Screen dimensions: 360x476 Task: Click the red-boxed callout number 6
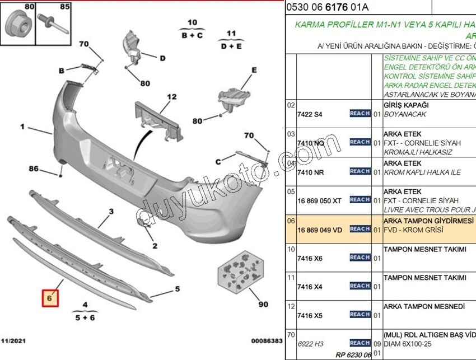coord(50,299)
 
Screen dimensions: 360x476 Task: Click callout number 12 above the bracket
coord(155,97)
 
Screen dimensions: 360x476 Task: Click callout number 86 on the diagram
coord(34,168)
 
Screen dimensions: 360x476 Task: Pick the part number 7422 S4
coord(310,114)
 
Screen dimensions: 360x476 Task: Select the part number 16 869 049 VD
coord(319,230)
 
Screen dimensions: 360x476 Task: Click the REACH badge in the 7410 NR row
coord(360,171)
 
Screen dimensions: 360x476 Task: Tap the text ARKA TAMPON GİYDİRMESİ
coord(428,221)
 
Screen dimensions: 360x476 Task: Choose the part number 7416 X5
coord(310,315)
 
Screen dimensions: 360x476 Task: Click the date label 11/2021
coord(13,340)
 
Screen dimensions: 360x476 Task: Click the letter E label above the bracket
coord(254,71)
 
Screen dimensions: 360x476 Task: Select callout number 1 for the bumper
coord(23,127)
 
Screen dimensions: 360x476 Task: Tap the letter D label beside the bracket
coord(162,58)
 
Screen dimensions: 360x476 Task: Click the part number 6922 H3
coord(310,344)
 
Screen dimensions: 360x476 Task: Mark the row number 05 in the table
coord(291,191)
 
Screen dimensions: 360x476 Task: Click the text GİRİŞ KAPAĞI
coord(406,105)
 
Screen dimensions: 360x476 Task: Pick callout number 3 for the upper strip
coord(111,211)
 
